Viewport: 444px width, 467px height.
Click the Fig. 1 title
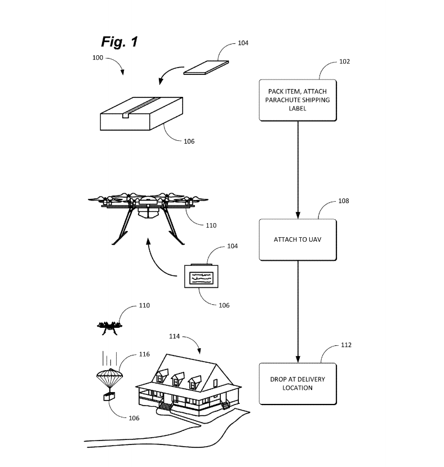119,41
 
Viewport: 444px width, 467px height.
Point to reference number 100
98,57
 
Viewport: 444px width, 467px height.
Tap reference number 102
344,61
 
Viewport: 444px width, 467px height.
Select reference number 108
343,201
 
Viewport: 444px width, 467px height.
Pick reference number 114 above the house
175,336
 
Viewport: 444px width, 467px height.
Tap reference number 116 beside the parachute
145,354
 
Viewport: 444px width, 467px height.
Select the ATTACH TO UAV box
298,239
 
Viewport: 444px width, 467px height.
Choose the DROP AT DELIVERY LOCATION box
298,383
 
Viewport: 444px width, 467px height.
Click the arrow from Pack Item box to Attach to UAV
298,169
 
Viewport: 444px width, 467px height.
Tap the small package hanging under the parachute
108,397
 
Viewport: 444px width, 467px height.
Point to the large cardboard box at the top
141,112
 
